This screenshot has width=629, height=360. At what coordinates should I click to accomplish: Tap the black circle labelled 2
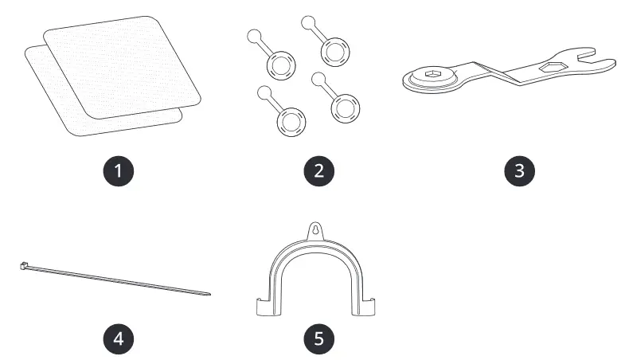(318, 170)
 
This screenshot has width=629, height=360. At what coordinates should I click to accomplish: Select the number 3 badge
(518, 170)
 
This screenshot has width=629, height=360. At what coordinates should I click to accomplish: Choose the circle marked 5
(318, 338)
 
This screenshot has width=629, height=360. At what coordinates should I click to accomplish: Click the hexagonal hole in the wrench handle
(549, 69)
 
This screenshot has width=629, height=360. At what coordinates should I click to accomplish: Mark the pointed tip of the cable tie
(209, 294)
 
